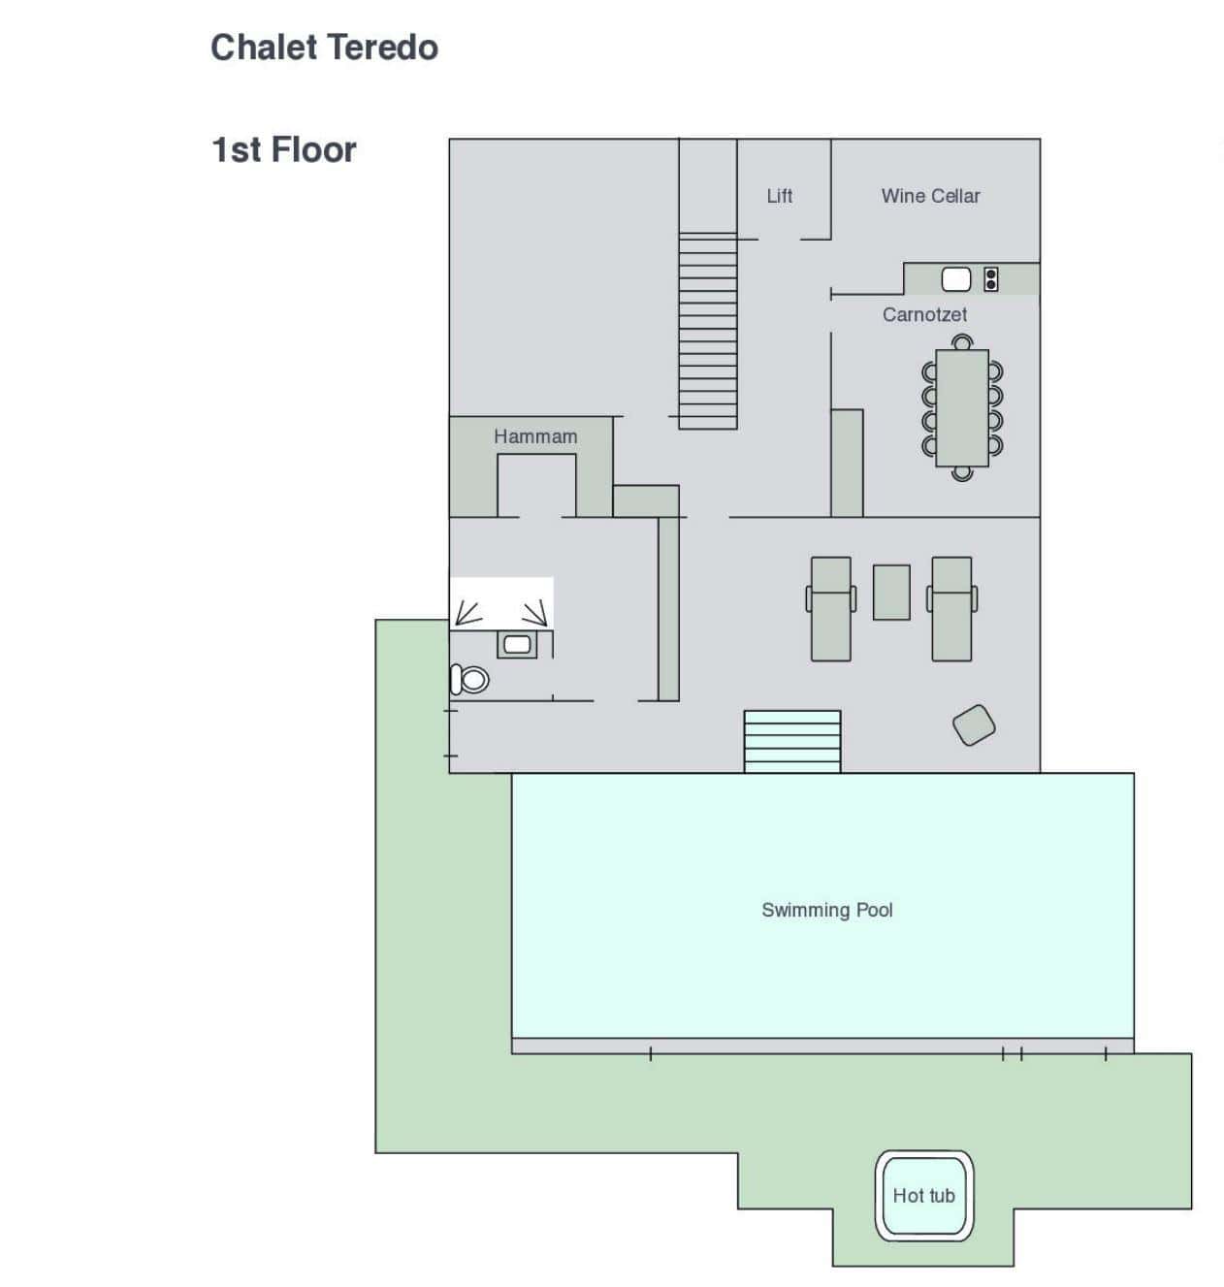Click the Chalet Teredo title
click(324, 48)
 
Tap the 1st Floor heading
click(283, 150)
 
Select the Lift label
click(780, 196)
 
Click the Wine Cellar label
click(930, 196)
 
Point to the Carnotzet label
click(924, 315)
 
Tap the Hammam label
click(535, 436)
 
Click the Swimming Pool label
click(826, 910)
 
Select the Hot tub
click(924, 1196)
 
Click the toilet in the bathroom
click(469, 680)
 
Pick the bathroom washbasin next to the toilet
click(517, 645)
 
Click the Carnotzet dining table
click(962, 408)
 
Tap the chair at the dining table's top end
click(962, 341)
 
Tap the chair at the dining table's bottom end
click(962, 474)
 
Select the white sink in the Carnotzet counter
click(956, 279)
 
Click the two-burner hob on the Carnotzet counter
click(991, 279)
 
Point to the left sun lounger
click(831, 609)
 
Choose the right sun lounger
click(951, 609)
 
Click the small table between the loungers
click(891, 593)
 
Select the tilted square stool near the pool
click(974, 724)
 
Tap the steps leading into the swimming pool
click(792, 742)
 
